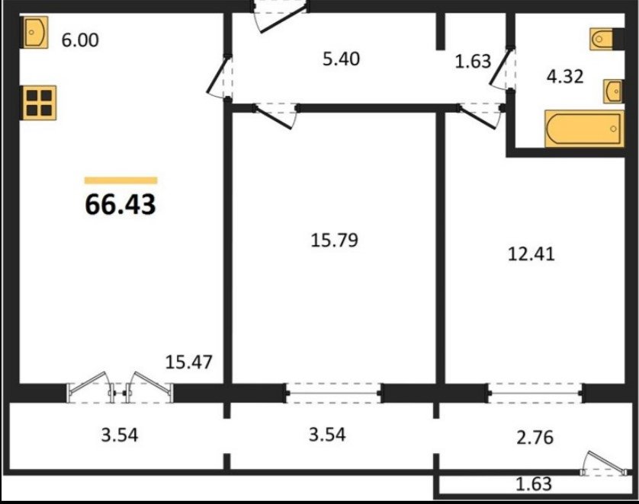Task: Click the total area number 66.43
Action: point(120,204)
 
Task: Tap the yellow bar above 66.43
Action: point(120,180)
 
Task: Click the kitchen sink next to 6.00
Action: point(34,32)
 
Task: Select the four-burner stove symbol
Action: point(39,103)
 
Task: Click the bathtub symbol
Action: point(583,129)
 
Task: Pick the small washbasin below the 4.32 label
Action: point(613,91)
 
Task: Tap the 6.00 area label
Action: point(80,40)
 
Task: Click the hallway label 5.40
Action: point(341,59)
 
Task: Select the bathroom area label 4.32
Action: point(565,76)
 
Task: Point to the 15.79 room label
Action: point(335,240)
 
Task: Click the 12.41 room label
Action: point(531,254)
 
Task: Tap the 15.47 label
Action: point(188,362)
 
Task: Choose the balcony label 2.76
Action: point(535,437)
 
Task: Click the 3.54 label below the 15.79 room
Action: point(327,435)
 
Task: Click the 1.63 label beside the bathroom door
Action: point(473,61)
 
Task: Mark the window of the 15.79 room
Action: point(334,393)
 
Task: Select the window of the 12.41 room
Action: point(535,393)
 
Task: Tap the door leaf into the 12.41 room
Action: point(477,116)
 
